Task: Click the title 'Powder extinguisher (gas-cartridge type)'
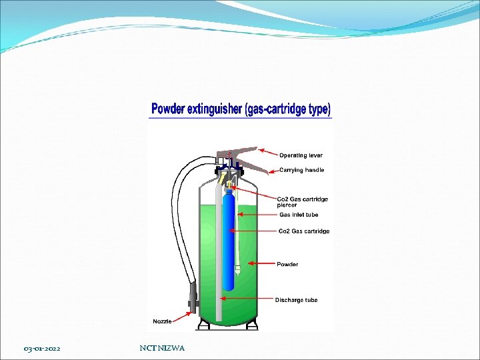[241, 109]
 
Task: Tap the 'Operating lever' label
[301, 155]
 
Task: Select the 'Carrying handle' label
[301, 170]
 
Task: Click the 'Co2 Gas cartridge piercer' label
[302, 202]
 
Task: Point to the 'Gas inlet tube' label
[298, 215]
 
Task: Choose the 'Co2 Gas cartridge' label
[303, 231]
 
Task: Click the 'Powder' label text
[287, 264]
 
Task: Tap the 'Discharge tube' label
[297, 300]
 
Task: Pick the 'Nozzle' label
[162, 321]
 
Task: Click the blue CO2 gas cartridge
[229, 240]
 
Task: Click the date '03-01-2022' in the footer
[42, 349]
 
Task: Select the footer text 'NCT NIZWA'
[163, 348]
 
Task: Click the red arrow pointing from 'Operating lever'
[268, 153]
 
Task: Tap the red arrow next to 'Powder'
[260, 264]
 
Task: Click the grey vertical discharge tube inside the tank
[217, 253]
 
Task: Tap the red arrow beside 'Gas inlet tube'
[257, 215]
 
